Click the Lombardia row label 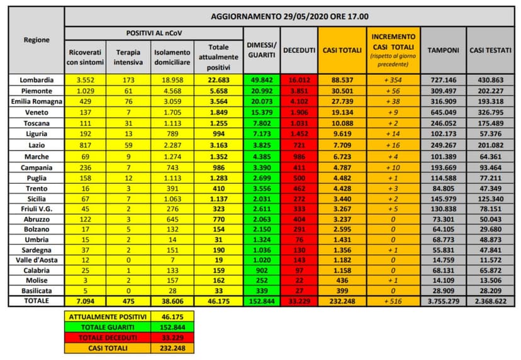click(37, 80)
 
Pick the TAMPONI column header click(443, 50)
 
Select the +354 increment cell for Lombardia click(393, 80)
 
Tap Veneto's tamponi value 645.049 click(443, 110)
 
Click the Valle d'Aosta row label click(37, 261)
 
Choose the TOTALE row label click(37, 301)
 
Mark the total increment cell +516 click(393, 301)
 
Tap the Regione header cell click(37, 40)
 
